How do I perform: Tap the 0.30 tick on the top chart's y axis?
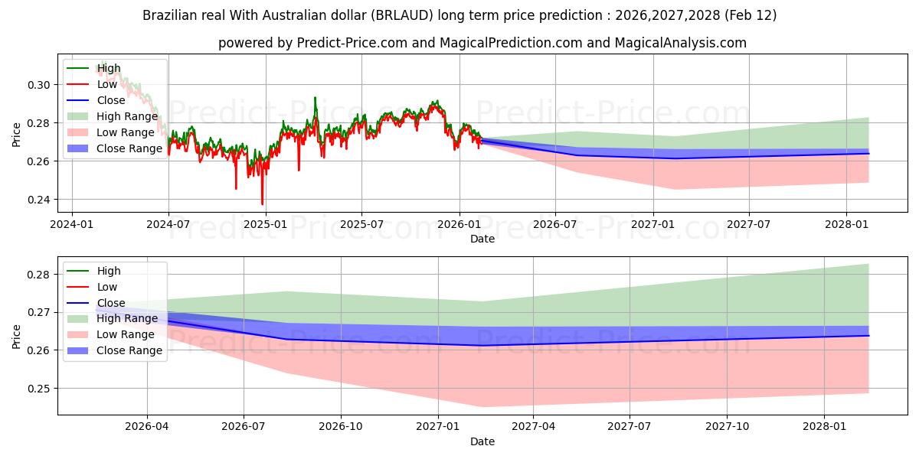tap(39, 85)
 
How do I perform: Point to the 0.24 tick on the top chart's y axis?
tap(39, 200)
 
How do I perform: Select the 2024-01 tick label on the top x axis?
tap(72, 225)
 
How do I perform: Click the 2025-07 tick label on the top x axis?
tap(361, 225)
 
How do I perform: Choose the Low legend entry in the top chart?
tap(106, 84)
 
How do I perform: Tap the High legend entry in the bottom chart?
tap(108, 271)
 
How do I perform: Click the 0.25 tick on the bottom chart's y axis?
tap(39, 388)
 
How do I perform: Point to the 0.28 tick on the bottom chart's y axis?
tap(39, 275)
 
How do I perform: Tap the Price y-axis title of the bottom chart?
tap(17, 336)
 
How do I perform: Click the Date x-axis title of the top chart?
tap(482, 239)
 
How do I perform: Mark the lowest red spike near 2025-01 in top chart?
tap(262, 203)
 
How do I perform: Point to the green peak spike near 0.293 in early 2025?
tap(315, 98)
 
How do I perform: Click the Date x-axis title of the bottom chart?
tap(482, 441)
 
